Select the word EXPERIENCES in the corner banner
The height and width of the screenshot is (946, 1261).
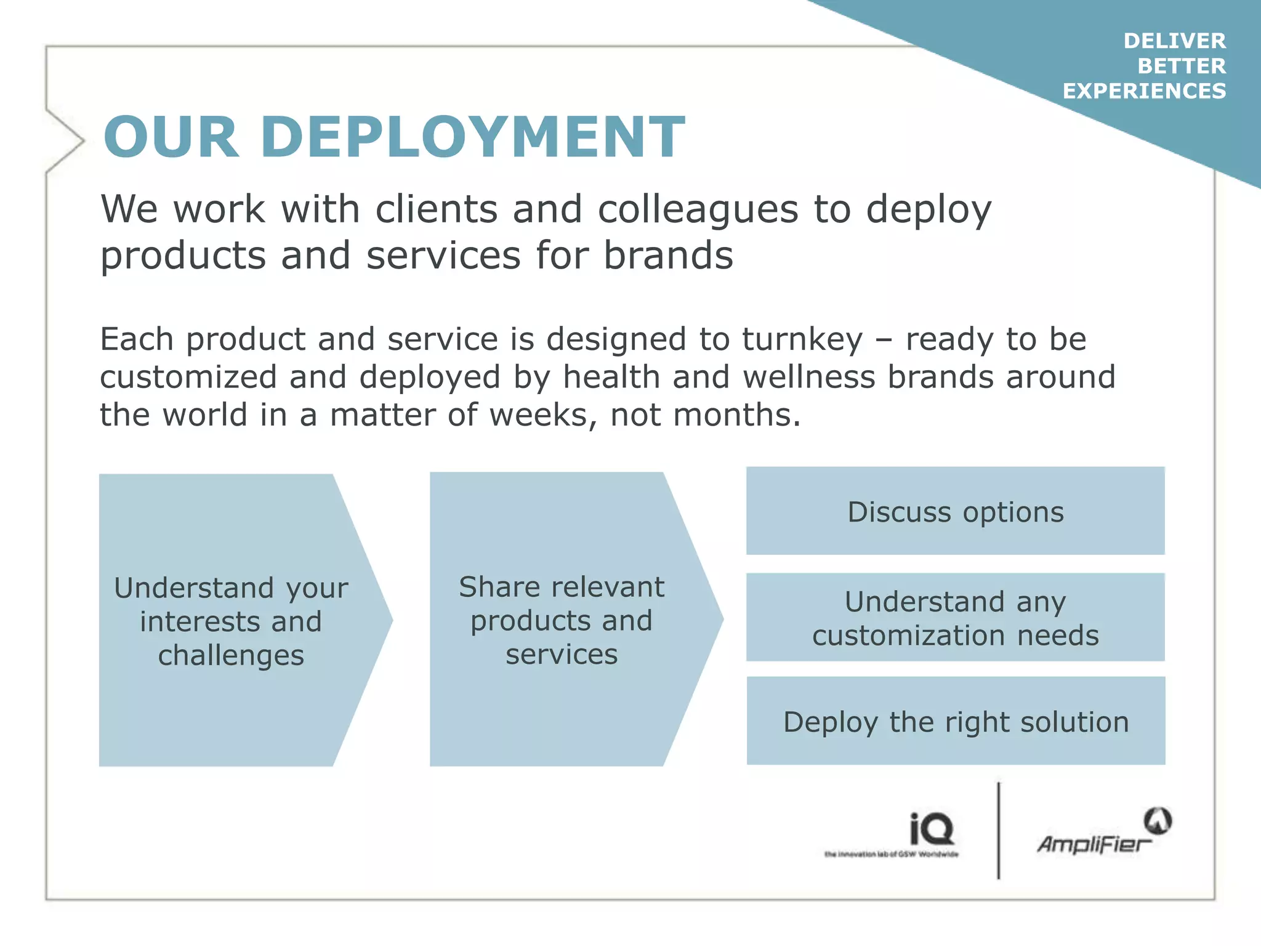click(1144, 91)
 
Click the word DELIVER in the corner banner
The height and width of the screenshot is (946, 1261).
click(1174, 41)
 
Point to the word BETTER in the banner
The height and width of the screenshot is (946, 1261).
click(1181, 66)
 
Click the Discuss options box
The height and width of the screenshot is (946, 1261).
click(955, 511)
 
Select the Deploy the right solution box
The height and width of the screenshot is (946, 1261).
click(956, 721)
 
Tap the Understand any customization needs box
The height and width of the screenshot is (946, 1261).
click(955, 618)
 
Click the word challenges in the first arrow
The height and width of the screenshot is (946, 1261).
click(231, 655)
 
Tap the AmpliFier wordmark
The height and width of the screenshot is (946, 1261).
click(1093, 844)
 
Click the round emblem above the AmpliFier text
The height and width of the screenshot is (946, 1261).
click(1158, 820)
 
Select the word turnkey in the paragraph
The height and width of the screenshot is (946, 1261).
click(802, 339)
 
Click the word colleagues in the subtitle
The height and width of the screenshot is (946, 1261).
click(698, 209)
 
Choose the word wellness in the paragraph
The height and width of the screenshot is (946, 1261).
click(808, 377)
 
